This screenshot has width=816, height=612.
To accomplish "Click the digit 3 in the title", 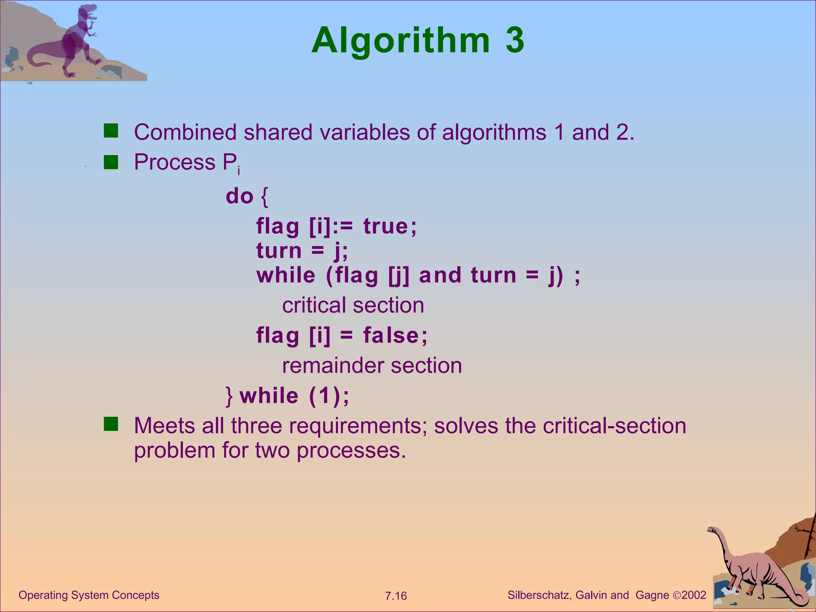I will [x=515, y=40].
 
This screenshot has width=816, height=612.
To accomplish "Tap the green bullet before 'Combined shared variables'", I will [x=111, y=131].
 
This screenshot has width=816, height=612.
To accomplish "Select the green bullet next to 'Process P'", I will [x=111, y=162].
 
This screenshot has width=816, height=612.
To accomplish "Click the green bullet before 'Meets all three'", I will [x=111, y=424].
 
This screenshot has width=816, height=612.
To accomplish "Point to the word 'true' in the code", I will [x=386, y=226].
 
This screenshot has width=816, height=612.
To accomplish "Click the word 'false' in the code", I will [x=391, y=335].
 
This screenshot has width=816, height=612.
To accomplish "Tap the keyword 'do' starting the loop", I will [x=239, y=196].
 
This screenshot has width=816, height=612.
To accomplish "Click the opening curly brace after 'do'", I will [x=265, y=197].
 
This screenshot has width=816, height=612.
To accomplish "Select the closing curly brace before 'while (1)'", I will [x=229, y=396].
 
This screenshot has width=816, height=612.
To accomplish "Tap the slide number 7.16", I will [x=396, y=596].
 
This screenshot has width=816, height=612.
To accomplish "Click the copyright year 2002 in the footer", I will [x=694, y=595].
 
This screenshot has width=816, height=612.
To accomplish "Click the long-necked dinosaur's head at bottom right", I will [x=712, y=530].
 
